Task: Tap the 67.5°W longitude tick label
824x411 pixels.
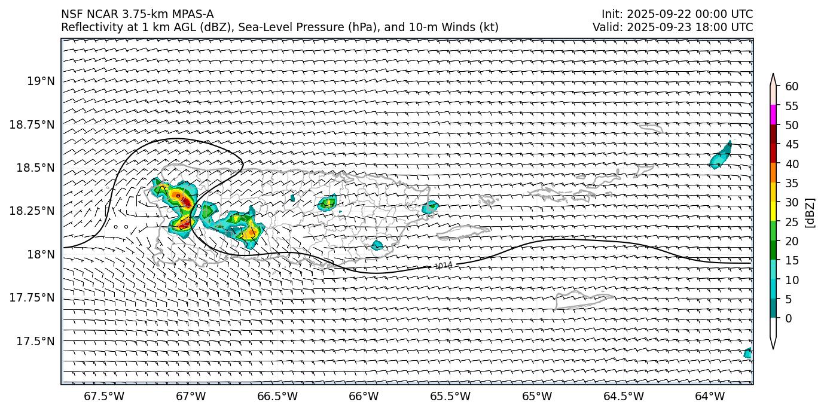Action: point(104,396)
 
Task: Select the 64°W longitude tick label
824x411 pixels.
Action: point(710,396)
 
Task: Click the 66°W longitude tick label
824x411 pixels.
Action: point(364,396)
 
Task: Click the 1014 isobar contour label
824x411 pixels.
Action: point(443,266)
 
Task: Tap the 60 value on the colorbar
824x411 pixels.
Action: point(792,87)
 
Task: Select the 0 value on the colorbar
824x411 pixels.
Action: point(789,318)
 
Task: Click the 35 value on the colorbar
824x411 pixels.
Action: point(792,183)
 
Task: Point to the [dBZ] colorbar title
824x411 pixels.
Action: point(811,212)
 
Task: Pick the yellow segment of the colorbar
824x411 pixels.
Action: point(773,211)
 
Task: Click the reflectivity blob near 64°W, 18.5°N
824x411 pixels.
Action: point(721,156)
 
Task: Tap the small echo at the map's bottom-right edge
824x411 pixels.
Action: point(747,353)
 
